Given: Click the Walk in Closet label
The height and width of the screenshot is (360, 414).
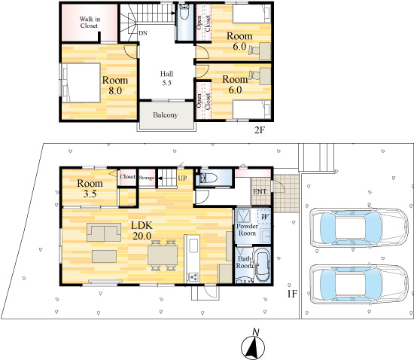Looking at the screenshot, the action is click(x=90, y=23).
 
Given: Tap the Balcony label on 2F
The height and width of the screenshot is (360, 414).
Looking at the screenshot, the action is click(x=166, y=115).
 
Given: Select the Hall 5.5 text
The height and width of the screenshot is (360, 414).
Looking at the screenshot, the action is click(x=166, y=78).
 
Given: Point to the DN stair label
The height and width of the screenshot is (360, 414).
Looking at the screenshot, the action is click(x=143, y=33).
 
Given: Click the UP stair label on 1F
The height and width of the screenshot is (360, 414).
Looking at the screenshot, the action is click(x=182, y=178).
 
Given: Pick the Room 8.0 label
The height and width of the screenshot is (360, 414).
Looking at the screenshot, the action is click(x=115, y=85).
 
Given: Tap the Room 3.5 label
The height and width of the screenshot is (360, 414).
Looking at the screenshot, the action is click(x=90, y=188).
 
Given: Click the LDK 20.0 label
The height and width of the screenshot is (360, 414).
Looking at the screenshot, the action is click(x=142, y=230).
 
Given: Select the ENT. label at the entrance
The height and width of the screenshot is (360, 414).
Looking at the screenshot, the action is click(x=260, y=192).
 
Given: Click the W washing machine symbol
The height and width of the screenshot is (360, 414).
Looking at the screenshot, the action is click(x=265, y=217).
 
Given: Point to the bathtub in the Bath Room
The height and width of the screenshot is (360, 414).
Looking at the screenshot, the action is click(x=262, y=265).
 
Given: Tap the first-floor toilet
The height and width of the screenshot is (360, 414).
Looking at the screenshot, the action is click(x=209, y=178).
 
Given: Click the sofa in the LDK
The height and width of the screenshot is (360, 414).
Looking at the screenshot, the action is click(x=104, y=233).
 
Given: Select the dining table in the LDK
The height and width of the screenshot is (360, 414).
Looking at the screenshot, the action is click(x=163, y=255).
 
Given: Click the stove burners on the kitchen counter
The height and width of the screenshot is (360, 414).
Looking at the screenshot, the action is click(x=193, y=277).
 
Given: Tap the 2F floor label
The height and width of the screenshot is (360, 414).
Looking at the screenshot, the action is click(x=259, y=130).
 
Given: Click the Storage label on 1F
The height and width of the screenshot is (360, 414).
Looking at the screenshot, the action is click(x=147, y=178).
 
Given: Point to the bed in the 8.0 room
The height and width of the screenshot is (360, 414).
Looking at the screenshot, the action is click(x=81, y=83).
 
